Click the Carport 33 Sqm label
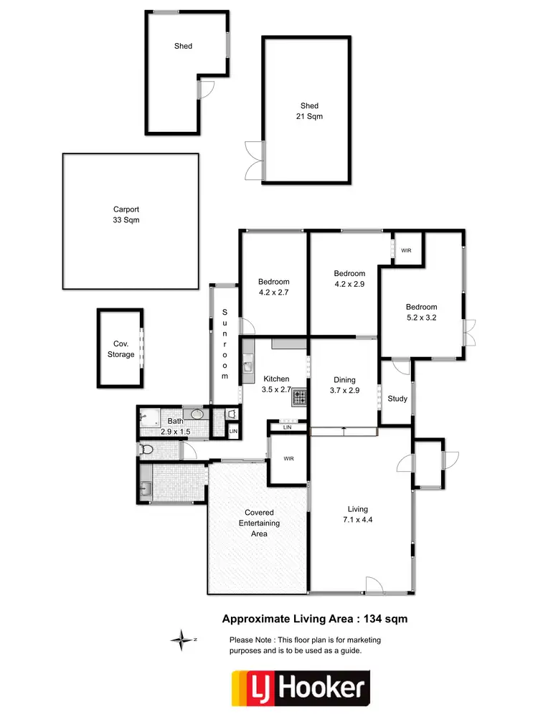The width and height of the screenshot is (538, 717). [x=126, y=215]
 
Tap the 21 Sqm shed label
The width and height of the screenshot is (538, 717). [x=309, y=111]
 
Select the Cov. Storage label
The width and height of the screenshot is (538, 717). [x=121, y=349]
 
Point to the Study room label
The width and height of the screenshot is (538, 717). [x=397, y=399]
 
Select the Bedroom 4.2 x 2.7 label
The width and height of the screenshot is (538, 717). [x=274, y=287]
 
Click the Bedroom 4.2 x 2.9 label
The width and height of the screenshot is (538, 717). [x=349, y=278]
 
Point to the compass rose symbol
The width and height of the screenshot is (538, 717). [x=183, y=638]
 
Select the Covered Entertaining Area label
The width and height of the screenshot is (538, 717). [x=259, y=523]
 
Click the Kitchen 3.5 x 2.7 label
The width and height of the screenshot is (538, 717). [x=276, y=384]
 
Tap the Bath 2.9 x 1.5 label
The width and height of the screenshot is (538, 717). [x=175, y=427]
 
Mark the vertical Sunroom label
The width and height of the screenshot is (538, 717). [x=225, y=344]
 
